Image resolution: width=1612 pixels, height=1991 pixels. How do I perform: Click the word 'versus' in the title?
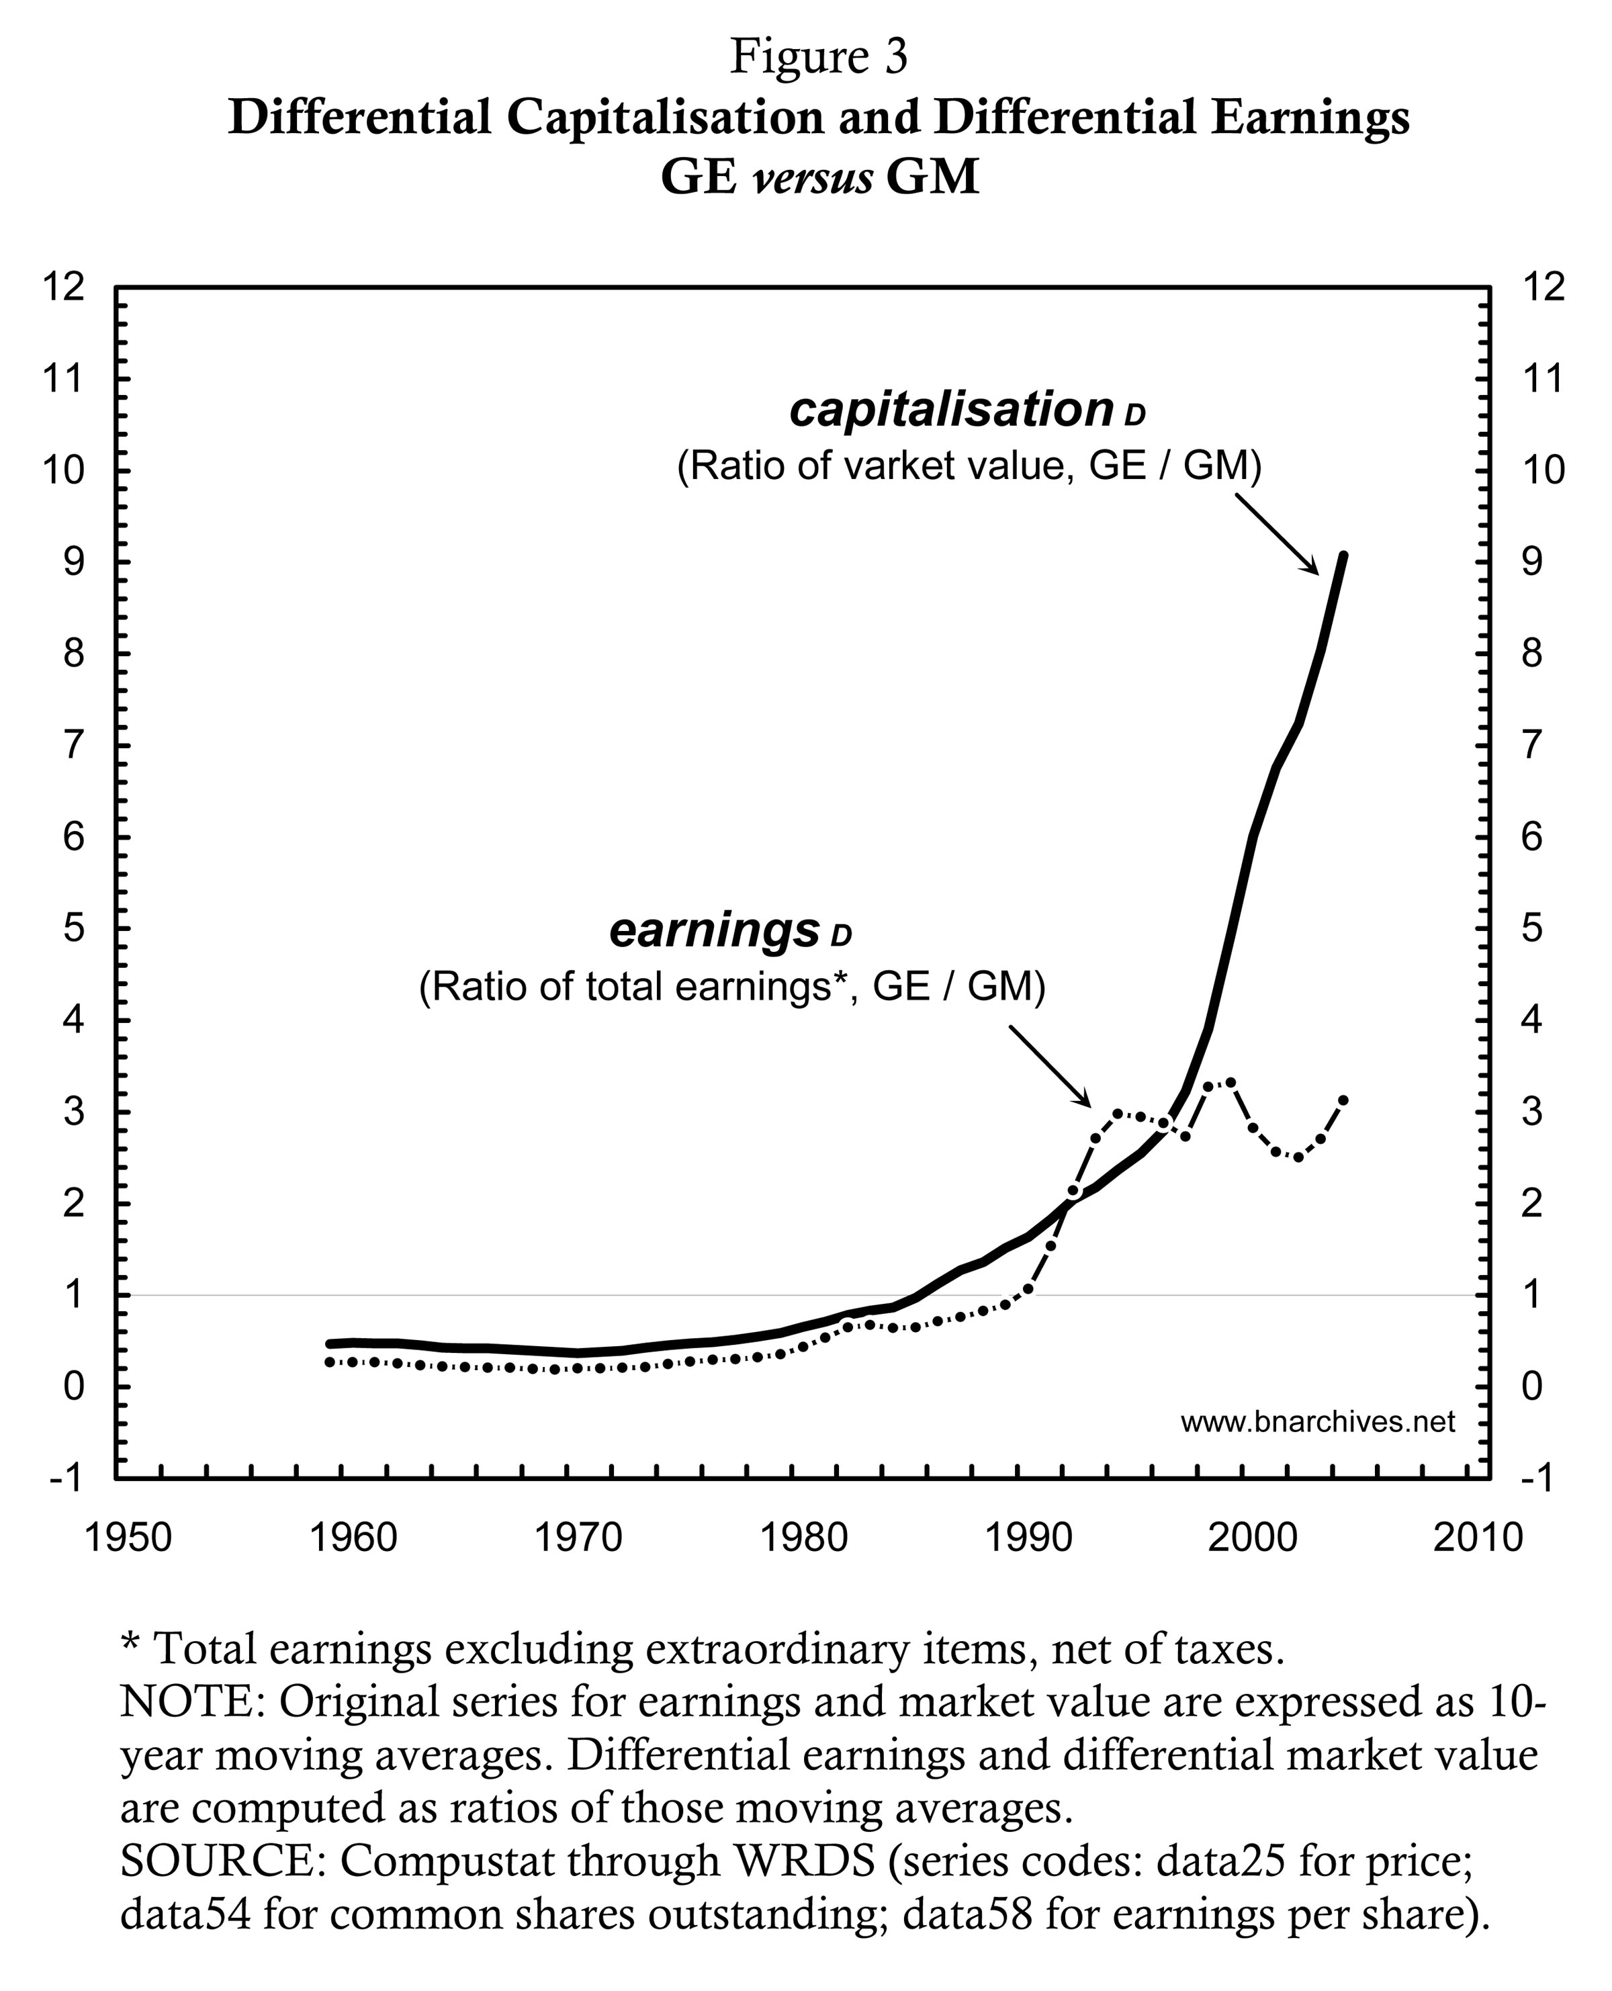click(813, 177)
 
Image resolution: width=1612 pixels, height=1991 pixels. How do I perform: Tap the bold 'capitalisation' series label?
click(951, 410)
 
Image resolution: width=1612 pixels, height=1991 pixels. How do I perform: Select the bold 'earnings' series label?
click(714, 930)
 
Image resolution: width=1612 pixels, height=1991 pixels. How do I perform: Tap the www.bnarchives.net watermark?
click(1318, 1422)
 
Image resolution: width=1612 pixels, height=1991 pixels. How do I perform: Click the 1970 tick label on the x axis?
click(578, 1538)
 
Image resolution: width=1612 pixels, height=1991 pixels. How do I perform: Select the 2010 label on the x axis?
click(1478, 1538)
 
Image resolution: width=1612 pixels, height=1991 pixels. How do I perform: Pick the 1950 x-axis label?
click(128, 1538)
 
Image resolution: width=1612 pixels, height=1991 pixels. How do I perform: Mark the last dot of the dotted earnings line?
click(1343, 1100)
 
